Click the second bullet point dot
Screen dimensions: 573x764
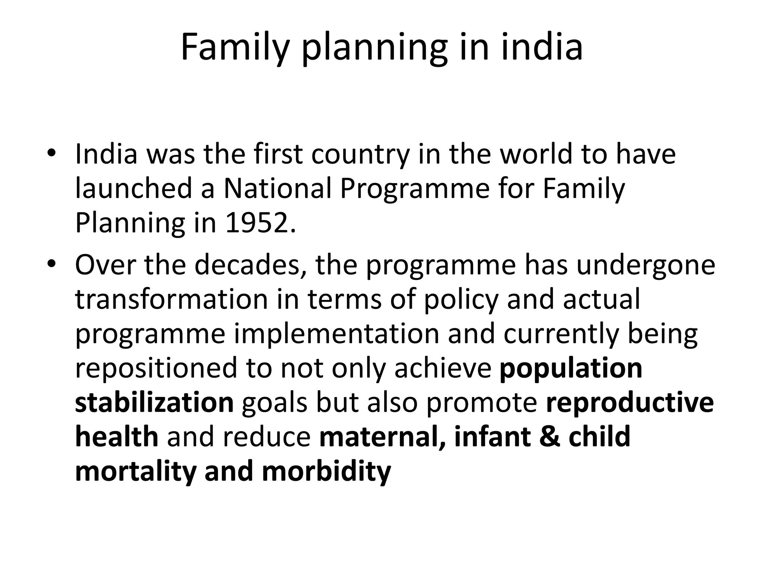[51, 264]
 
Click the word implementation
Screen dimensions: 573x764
[336, 334]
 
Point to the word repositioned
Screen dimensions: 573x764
[156, 368]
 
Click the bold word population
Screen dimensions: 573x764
[571, 368]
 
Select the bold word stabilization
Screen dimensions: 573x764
[154, 403]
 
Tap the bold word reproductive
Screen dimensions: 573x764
[630, 403]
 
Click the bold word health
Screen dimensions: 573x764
[117, 437]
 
